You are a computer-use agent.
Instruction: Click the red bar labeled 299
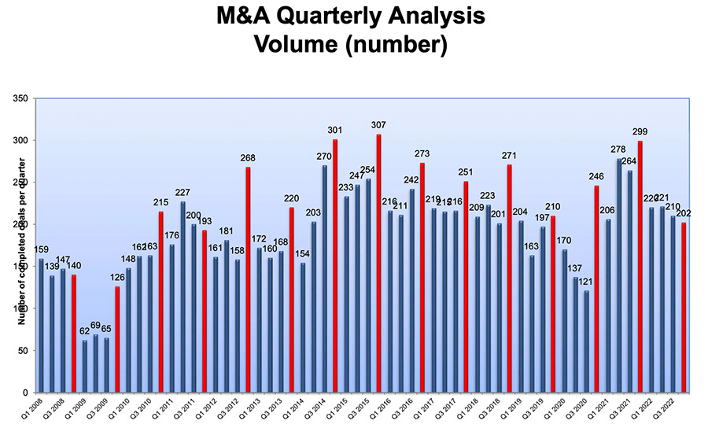tap(640, 267)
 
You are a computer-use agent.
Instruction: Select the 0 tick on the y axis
tap(28, 393)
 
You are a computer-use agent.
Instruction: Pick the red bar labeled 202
tap(684, 308)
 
